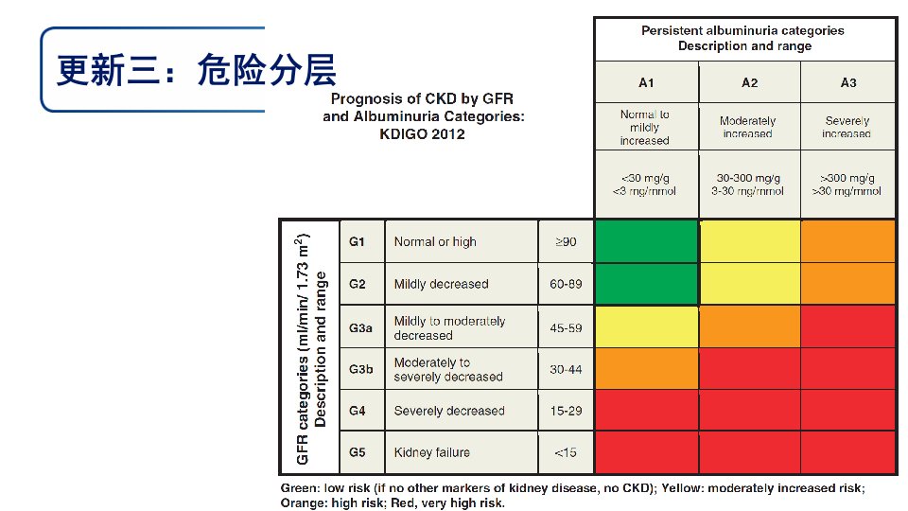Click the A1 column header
(646, 83)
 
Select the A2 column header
(749, 83)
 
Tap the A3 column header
(848, 83)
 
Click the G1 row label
(357, 241)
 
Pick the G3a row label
(360, 328)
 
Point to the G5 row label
(357, 452)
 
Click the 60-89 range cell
(566, 284)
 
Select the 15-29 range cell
(566, 411)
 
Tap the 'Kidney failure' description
(432, 452)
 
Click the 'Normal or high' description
(435, 241)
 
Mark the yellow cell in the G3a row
(647, 326)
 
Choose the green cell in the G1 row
(647, 241)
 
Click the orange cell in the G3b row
(647, 368)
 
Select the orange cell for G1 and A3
(847, 241)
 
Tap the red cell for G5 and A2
(750, 452)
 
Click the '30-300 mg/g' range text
(748, 178)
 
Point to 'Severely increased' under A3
(847, 127)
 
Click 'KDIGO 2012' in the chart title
(422, 133)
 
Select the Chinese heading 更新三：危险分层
(197, 70)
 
